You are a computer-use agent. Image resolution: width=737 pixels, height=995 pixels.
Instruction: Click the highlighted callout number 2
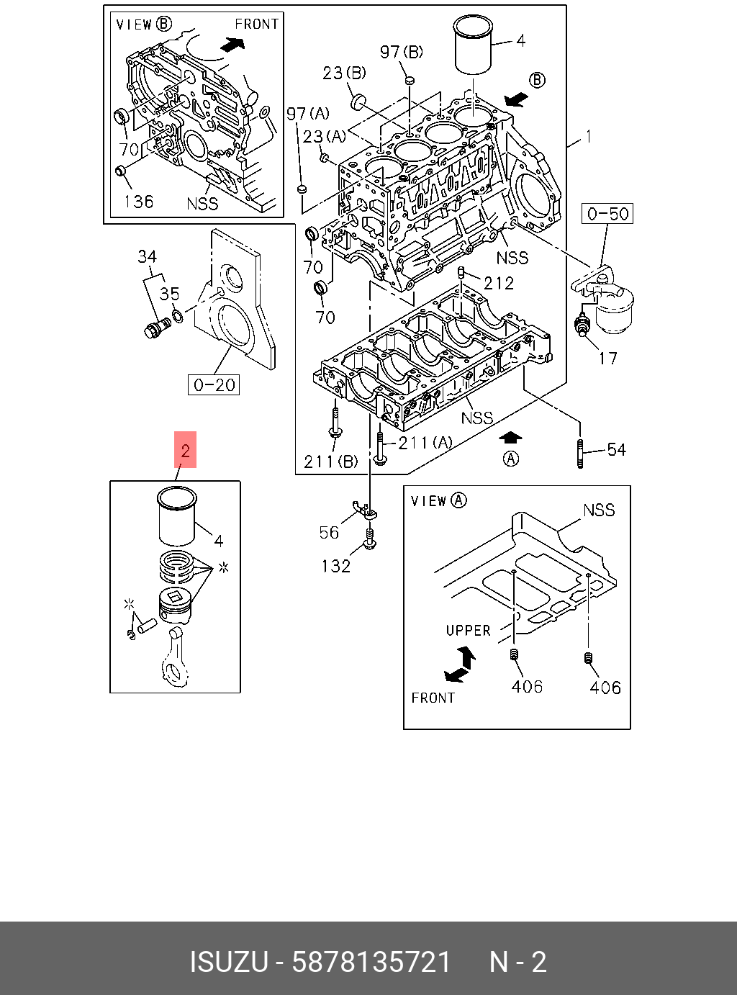coord(186,451)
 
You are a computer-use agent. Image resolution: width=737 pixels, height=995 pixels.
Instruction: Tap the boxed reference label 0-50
coord(607,214)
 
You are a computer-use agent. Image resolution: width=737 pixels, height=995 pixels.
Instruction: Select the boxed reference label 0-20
coord(214,385)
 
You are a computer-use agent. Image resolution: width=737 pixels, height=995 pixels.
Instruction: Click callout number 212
coord(499,283)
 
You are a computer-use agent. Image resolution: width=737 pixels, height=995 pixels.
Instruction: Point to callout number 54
coord(616,450)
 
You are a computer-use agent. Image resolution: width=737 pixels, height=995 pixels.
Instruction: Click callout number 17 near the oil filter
coord(607,358)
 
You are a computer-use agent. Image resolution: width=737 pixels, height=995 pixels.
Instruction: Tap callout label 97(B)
coord(402,52)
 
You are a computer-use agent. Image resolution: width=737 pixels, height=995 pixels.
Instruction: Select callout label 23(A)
coord(324,136)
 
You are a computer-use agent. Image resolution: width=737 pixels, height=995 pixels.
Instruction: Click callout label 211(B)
coord(330,462)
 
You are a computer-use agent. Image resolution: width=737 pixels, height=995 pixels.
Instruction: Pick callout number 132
coord(335,567)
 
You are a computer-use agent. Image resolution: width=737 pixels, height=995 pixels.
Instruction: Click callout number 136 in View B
coord(138,202)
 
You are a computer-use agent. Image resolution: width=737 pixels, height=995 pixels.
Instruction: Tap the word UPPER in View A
coord(468,631)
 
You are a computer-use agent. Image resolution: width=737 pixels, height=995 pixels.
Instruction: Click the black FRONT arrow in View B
coord(232,45)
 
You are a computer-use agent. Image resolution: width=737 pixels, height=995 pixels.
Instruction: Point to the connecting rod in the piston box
coord(176,655)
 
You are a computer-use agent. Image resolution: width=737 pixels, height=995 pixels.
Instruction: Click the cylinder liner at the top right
coord(473,45)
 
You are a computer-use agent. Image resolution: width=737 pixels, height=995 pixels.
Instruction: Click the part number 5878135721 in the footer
coord(371,962)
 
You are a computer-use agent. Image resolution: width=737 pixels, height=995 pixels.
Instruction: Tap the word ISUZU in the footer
coord(228,962)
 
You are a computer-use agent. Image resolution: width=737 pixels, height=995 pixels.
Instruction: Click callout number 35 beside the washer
coord(169,294)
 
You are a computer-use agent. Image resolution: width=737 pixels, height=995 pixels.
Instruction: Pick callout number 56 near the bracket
coord(329,532)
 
